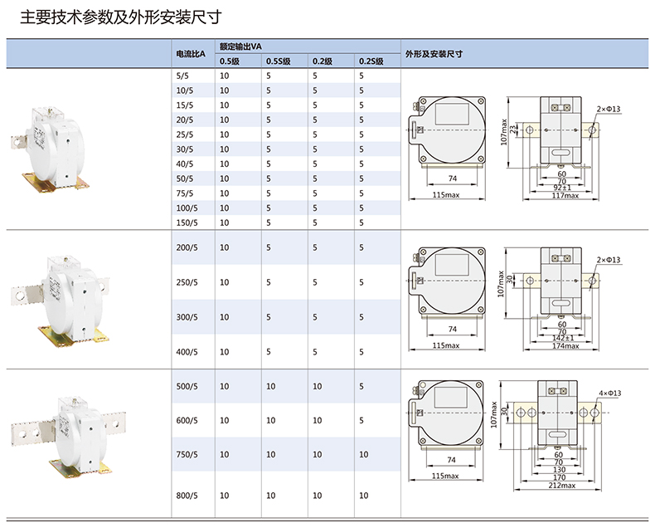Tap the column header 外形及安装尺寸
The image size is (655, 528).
pos(434,54)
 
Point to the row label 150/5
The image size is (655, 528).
pos(187,222)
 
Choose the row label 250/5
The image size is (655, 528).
pos(187,282)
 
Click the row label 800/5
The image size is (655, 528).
pos(187,496)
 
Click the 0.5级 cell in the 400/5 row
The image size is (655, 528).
pos(224,352)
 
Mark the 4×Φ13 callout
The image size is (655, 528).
pos(610,393)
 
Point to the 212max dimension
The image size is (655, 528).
pos(562,486)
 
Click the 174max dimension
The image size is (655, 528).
pos(566,345)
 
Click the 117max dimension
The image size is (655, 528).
pos(565,196)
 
